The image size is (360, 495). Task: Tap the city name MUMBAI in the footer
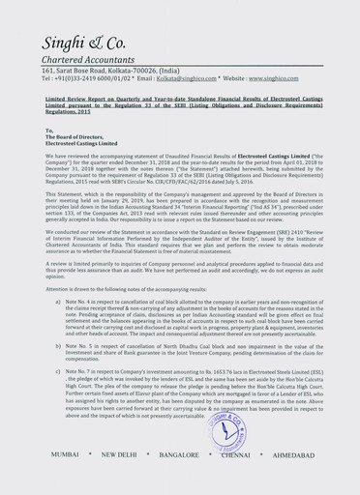click(66, 480)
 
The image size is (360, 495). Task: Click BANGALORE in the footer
click(180, 480)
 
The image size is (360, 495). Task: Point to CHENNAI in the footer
click(235, 480)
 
